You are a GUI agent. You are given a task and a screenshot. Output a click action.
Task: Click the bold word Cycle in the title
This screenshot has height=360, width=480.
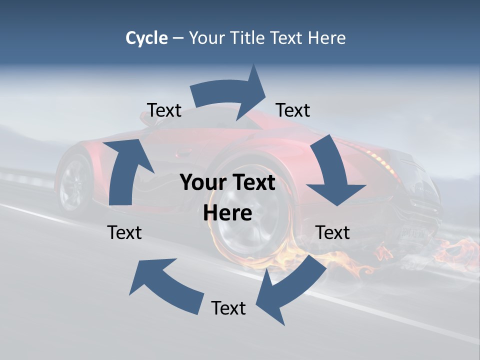pyautogui.click(x=146, y=38)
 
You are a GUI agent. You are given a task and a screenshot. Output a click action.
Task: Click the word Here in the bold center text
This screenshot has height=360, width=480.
pyautogui.click(x=227, y=213)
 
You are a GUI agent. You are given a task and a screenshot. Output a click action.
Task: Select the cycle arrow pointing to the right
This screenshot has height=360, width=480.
pyautogui.click(x=230, y=92)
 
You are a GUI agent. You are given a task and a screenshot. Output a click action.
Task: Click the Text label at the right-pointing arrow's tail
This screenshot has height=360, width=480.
pyautogui.click(x=164, y=110)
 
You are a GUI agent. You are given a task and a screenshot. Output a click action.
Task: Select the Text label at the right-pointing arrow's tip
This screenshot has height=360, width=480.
pyautogui.click(x=293, y=110)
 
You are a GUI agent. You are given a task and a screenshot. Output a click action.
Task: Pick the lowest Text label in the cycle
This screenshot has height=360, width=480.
pyautogui.click(x=228, y=308)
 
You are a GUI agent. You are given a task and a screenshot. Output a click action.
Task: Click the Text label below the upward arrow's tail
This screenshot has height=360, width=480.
pyautogui.click(x=124, y=233)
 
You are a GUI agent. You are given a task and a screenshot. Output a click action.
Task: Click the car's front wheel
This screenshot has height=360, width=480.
pyautogui.click(x=75, y=182)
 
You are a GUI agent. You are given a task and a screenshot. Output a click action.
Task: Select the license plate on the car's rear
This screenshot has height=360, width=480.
pyautogui.click(x=412, y=232)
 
